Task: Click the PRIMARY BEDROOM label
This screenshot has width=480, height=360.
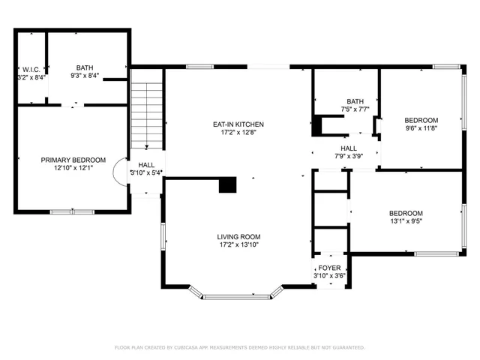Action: click(73, 160)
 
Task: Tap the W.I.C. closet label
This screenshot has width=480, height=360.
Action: click(31, 69)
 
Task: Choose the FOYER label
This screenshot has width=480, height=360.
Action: click(328, 268)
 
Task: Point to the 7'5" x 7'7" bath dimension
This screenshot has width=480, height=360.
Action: click(354, 109)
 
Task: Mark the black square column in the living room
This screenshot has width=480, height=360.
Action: click(227, 184)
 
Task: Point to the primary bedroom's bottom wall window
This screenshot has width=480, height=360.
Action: click(72, 211)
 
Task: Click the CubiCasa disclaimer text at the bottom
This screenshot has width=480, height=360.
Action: click(239, 348)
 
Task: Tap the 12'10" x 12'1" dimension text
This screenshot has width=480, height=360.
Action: click(73, 169)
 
